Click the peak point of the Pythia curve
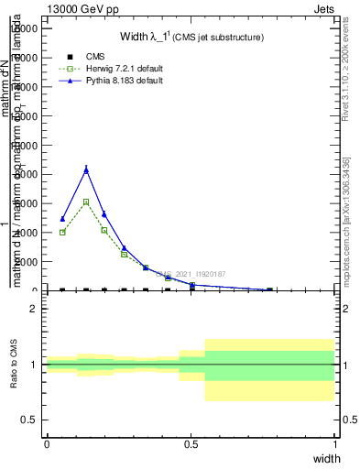(x=86, y=169)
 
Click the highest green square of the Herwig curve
(x=86, y=202)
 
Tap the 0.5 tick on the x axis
(x=191, y=444)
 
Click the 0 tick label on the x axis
(x=47, y=444)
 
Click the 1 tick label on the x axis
(x=334, y=444)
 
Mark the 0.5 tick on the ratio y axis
(x=29, y=420)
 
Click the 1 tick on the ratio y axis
(x=35, y=365)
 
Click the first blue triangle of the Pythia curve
(x=62, y=219)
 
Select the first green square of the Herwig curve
(x=62, y=233)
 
